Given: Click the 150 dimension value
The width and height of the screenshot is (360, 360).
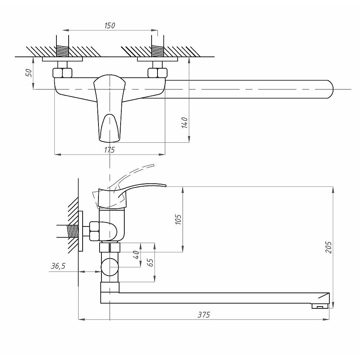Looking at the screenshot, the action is [110, 25].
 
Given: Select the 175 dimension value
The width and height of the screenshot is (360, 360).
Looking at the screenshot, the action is [110, 150].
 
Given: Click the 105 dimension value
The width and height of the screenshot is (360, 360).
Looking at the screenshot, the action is [179, 219].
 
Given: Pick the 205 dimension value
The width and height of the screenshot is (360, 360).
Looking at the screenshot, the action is [329, 247].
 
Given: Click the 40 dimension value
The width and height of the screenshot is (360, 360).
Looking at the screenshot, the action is [136, 254].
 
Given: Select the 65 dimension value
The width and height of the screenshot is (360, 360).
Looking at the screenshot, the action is [150, 262].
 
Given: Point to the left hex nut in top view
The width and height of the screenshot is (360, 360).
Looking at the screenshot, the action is [62, 72].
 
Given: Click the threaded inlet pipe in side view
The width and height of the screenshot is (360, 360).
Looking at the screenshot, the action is [73, 232].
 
